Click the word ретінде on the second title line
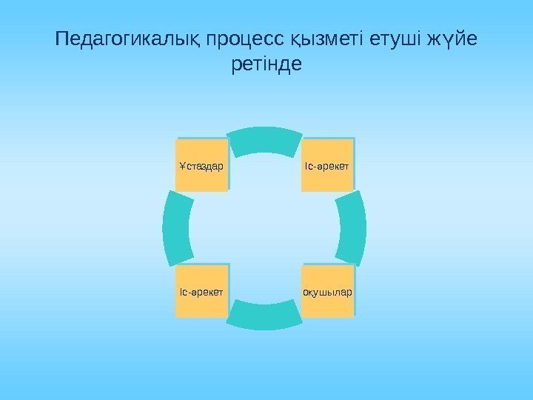pyautogui.click(x=266, y=65)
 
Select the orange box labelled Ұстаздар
pyautogui.click(x=201, y=165)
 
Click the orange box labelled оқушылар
pyautogui.click(x=328, y=291)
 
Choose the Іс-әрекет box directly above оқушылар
pyautogui.click(x=328, y=165)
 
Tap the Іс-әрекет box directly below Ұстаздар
pyautogui.click(x=201, y=291)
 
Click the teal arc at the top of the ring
pyautogui.click(x=265, y=139)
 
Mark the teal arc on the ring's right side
pyautogui.click(x=353, y=228)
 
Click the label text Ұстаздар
pyautogui.click(x=201, y=165)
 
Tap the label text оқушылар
pyautogui.click(x=328, y=291)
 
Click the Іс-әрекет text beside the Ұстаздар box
pyautogui.click(x=328, y=165)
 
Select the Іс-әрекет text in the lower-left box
pyautogui.click(x=201, y=291)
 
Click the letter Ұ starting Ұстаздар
pyautogui.click(x=182, y=165)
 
